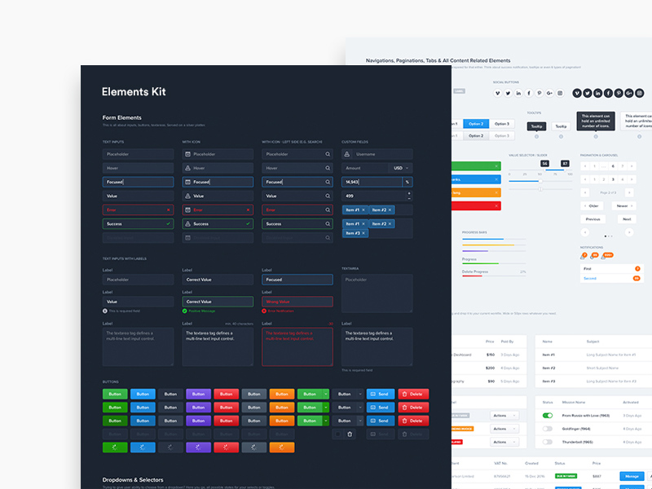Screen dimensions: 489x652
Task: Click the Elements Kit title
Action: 134,92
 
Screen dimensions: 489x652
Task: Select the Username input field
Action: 377,154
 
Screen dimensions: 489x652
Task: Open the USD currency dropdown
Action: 401,168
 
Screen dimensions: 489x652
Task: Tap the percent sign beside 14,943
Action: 407,182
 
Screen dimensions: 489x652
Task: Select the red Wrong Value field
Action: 297,302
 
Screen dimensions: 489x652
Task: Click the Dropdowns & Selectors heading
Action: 134,479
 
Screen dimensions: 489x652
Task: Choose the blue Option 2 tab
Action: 476,124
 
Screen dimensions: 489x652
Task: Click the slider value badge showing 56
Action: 544,164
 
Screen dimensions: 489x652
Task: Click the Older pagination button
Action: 593,206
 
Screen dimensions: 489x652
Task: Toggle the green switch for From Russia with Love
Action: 548,415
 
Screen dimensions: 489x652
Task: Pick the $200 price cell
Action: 491,368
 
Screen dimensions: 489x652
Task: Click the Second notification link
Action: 590,279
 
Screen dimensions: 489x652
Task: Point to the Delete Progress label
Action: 475,271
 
